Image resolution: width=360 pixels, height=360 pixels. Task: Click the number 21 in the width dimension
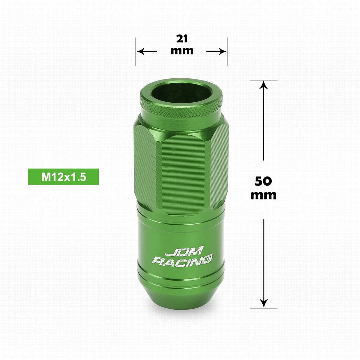pyautogui.click(x=182, y=39)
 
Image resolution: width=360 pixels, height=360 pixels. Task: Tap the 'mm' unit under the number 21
pyautogui.click(x=182, y=51)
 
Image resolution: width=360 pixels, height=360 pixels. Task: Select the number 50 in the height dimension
pyautogui.click(x=263, y=181)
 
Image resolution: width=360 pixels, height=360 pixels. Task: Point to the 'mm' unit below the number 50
pyautogui.click(x=263, y=195)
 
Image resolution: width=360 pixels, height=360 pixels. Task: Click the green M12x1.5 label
pyautogui.click(x=63, y=177)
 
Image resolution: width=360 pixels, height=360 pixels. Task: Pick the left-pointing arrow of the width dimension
pyautogui.click(x=147, y=51)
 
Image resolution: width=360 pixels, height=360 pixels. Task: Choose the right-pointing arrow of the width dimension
pyautogui.click(x=216, y=51)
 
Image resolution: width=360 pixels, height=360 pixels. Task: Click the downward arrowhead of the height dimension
pyautogui.click(x=264, y=303)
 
